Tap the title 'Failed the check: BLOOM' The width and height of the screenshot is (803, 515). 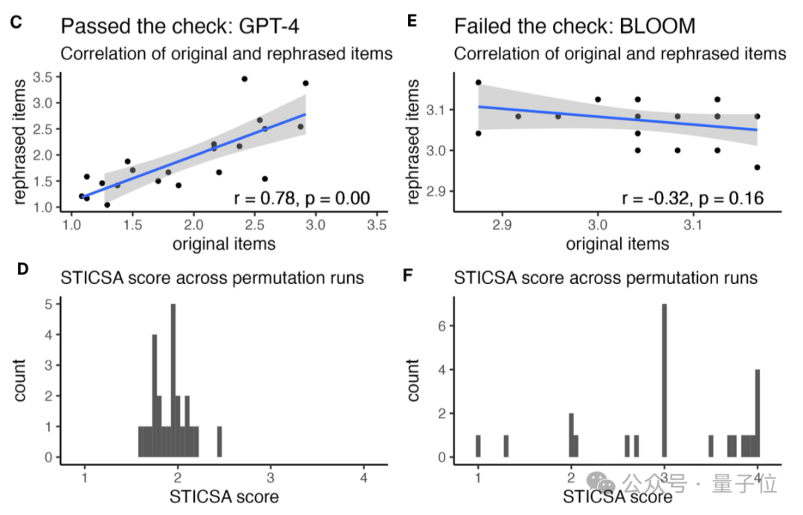[x=575, y=27]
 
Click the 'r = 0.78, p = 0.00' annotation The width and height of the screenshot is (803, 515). [x=301, y=198]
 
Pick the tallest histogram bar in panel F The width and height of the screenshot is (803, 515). [x=664, y=380]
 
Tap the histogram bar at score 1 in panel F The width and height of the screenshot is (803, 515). [x=478, y=446]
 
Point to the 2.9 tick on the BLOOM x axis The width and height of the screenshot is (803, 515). [x=503, y=224]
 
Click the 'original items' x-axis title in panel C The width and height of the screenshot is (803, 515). [x=224, y=243]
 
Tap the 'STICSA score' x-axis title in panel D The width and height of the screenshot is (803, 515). [x=224, y=496]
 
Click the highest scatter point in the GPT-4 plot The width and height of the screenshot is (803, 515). [x=244, y=78]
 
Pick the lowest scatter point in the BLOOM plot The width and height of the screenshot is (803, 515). [x=757, y=167]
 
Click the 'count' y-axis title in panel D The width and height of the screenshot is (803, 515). [x=20, y=380]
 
